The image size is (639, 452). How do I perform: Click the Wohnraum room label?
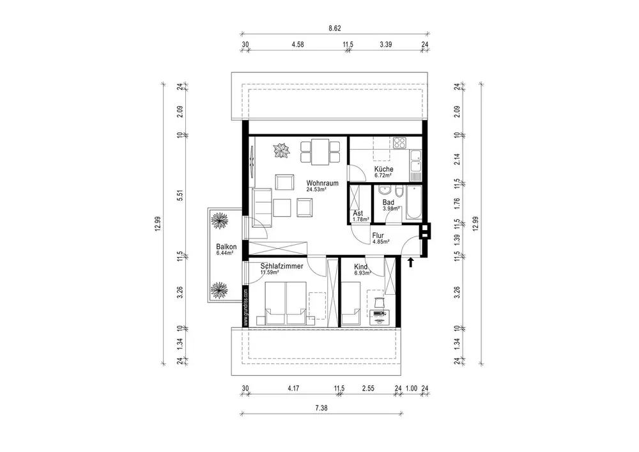pos(322,183)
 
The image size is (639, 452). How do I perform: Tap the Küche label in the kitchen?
pos(384,169)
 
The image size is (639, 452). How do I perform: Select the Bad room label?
pos(388,202)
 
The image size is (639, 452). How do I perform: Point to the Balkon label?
pos(226,247)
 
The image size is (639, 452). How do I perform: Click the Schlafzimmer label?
pos(282,266)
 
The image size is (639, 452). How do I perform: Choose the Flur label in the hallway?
pos(378,235)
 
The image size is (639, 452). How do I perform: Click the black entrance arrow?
pos(411,261)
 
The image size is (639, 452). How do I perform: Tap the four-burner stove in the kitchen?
pos(400,143)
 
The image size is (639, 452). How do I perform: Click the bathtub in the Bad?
pos(413,203)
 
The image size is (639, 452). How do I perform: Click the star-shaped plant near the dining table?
pos(282,150)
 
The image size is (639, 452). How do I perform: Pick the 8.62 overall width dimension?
pos(335,28)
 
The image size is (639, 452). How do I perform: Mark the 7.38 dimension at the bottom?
pos(322,408)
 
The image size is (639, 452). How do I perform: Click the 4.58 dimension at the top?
pos(298,44)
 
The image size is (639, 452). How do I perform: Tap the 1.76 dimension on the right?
pos(457,203)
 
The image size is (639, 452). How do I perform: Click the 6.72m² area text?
pos(383,175)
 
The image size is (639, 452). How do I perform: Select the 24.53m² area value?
pos(317,189)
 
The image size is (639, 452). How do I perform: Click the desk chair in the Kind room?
pos(380,302)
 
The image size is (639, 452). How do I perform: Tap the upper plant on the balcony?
pos(220,221)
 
